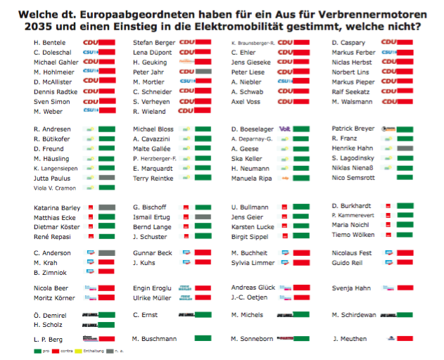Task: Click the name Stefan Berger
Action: point(154,44)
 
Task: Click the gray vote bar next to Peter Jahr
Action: point(203,72)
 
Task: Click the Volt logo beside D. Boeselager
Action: point(286,129)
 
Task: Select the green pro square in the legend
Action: point(37,352)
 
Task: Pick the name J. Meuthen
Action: point(349,339)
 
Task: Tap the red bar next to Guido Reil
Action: point(405,263)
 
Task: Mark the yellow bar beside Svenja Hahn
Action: point(405,288)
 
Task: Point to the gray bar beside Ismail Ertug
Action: point(203,217)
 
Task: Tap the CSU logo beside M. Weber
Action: point(90,110)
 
